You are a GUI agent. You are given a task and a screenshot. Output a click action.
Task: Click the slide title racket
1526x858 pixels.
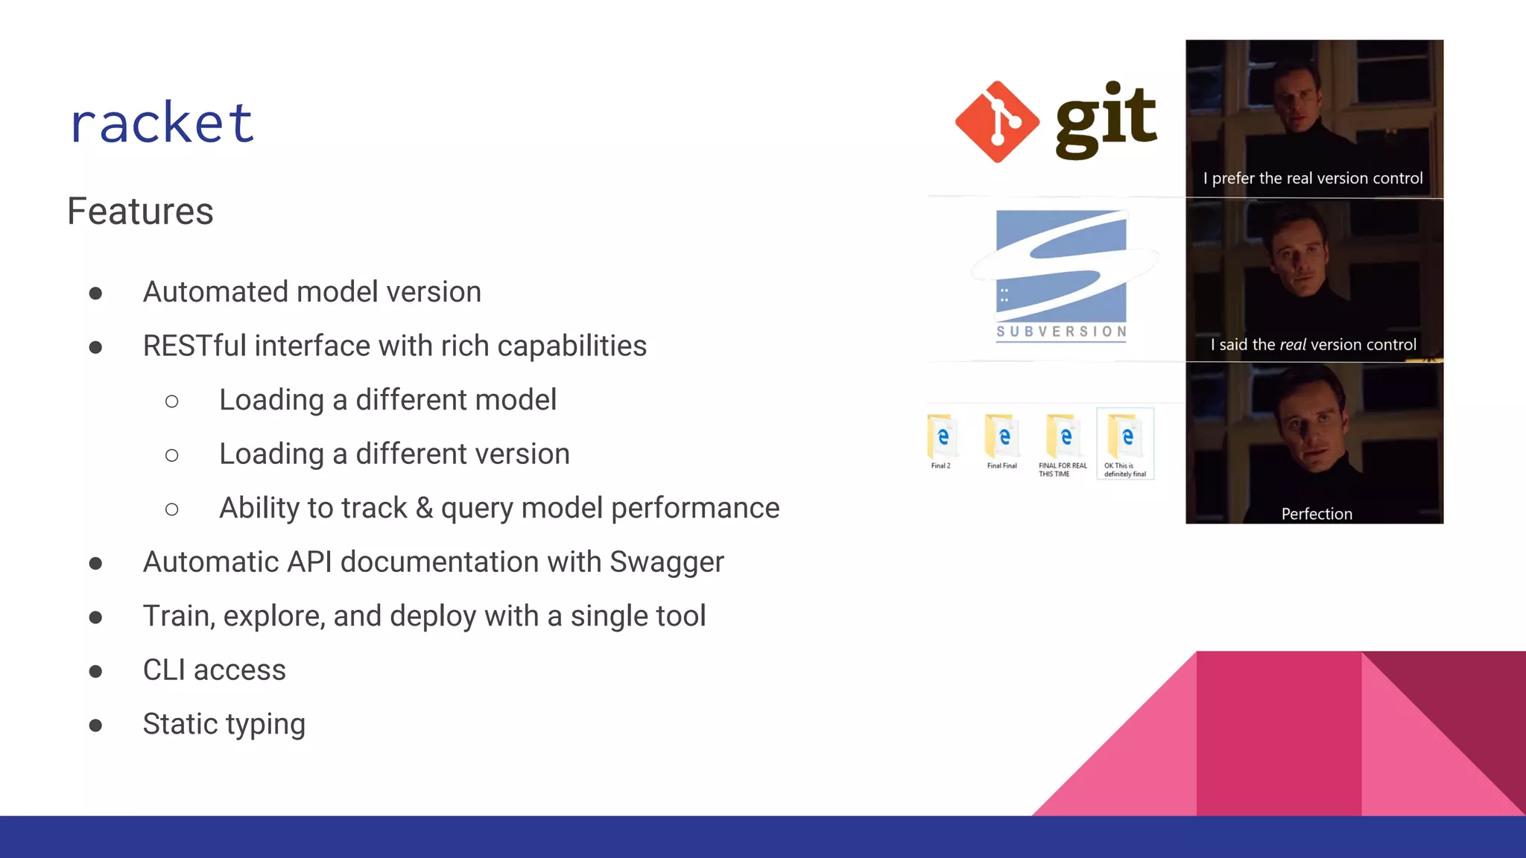162,123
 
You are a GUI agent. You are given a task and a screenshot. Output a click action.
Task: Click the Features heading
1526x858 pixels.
140,212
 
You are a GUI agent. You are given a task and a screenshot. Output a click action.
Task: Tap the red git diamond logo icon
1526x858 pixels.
997,122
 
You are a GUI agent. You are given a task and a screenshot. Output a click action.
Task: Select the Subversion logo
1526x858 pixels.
1061,276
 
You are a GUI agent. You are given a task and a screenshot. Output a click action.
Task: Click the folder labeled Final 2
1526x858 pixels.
942,438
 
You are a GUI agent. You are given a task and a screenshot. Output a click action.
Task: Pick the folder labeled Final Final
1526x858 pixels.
1002,438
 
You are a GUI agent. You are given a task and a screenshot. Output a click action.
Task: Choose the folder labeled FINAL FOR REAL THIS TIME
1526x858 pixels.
1063,438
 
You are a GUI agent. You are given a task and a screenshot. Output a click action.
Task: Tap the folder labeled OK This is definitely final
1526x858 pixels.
1125,439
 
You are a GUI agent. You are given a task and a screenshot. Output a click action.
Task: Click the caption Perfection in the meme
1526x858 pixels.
1316,514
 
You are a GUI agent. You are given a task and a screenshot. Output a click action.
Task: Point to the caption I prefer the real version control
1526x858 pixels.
1313,179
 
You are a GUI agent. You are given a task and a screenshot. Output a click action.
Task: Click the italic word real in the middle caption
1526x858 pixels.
1293,345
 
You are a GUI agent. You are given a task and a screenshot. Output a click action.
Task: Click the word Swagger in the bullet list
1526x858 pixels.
666,562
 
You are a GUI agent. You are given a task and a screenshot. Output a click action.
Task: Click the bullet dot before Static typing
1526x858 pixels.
95,725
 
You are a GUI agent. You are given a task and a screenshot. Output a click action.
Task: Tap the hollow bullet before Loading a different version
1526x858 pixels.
172,455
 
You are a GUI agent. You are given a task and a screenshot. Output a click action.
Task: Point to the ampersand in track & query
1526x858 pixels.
424,509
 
